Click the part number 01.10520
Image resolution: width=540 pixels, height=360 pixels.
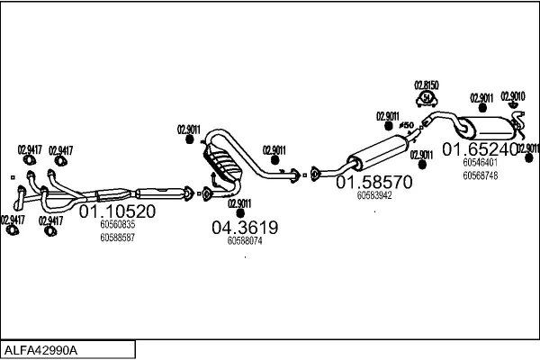click(118, 212)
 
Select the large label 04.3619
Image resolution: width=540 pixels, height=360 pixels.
click(245, 228)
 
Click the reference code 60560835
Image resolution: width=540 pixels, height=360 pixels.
click(117, 225)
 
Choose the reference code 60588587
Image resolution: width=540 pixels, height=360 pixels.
click(117, 238)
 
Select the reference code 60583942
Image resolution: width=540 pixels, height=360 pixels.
click(374, 194)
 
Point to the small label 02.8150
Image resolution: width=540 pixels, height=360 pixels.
click(426, 85)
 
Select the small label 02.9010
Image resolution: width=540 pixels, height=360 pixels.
click(513, 96)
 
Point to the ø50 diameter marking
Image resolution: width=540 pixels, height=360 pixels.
click(405, 124)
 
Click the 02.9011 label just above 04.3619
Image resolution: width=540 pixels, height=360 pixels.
click(239, 203)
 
